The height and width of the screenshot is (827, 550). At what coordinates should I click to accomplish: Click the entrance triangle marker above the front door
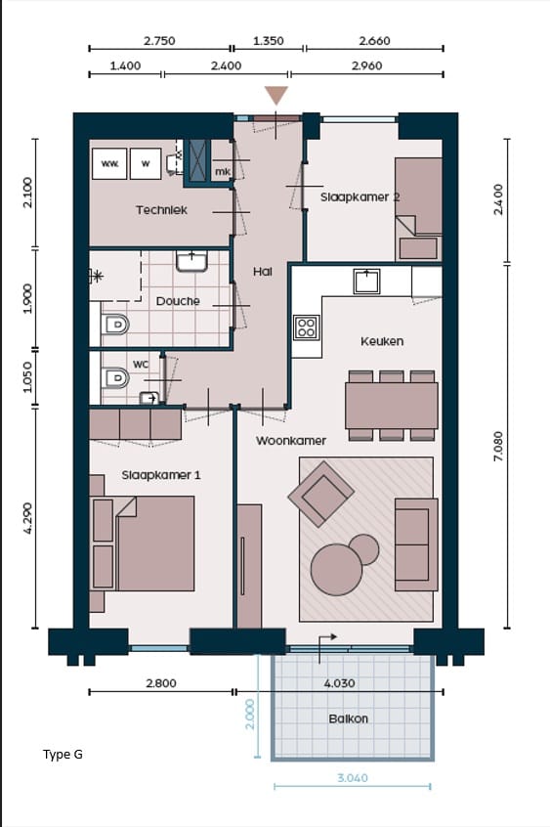coord(276,95)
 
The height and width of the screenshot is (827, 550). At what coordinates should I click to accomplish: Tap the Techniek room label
coord(161,210)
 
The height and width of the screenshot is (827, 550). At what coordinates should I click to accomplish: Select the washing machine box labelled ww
coord(109,164)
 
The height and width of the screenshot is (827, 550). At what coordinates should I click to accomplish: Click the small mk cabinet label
coord(223,172)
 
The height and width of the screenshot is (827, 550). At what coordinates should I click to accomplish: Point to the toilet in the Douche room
coord(115,324)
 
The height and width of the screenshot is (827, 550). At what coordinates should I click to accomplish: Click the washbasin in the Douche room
coord(191,261)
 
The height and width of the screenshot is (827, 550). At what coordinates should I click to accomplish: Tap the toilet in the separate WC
coord(115,378)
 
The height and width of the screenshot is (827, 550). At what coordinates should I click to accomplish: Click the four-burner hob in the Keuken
coord(307,327)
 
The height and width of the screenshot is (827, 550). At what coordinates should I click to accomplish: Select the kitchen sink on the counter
coord(367,281)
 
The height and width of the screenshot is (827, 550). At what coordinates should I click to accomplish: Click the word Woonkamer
coord(290,441)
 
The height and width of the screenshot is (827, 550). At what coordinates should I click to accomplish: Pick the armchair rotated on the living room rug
coord(321,495)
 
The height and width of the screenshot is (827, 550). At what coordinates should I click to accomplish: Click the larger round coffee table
coord(336,570)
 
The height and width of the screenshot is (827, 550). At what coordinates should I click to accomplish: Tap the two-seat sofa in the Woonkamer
coord(416,544)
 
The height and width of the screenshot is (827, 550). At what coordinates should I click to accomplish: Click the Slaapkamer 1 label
coord(161,475)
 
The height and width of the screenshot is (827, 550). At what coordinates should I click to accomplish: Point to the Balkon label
coord(348,718)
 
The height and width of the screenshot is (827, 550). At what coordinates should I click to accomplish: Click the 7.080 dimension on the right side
coord(498,446)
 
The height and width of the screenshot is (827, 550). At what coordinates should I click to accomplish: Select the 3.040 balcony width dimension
coord(353,778)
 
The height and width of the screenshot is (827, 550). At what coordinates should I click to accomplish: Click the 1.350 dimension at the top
coord(269,41)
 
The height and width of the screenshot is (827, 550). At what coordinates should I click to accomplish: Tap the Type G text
coord(63,755)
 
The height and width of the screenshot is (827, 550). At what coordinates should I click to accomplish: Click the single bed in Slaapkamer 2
coord(419,208)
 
